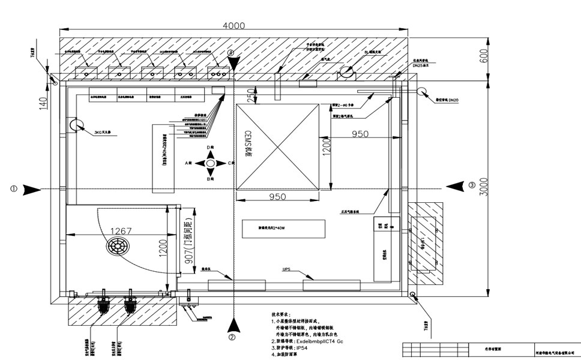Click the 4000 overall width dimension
234,26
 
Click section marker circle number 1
14,188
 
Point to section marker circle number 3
472,185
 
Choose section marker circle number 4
231,52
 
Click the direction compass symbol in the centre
210,163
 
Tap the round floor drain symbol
116,246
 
